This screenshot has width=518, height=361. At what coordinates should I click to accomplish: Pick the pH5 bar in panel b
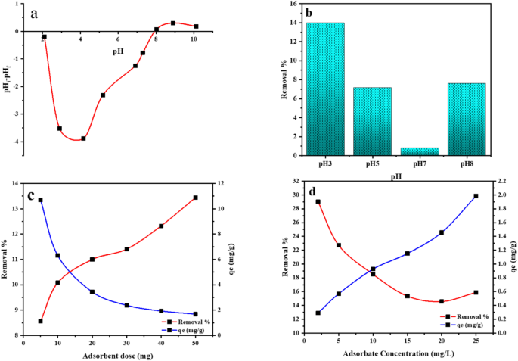click(x=372, y=121)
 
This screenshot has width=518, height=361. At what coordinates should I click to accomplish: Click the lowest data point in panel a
click(x=84, y=138)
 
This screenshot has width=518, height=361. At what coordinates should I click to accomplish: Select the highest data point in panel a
click(x=173, y=23)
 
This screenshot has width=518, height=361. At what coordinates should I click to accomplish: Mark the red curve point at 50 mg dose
click(x=195, y=198)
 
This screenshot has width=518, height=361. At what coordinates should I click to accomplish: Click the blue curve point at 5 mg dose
click(x=41, y=200)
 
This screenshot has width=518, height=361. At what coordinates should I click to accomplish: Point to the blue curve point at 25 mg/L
click(x=476, y=196)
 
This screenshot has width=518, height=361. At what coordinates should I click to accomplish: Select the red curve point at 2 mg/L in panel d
click(x=318, y=202)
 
